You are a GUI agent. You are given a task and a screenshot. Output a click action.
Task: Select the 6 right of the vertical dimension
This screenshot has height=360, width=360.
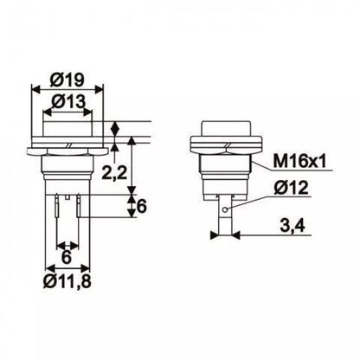tap(143, 205)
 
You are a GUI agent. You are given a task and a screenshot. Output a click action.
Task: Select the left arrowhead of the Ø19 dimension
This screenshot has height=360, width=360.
tap(34, 87)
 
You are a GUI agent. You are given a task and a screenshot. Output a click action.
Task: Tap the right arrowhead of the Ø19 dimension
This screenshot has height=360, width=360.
tap(101, 87)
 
